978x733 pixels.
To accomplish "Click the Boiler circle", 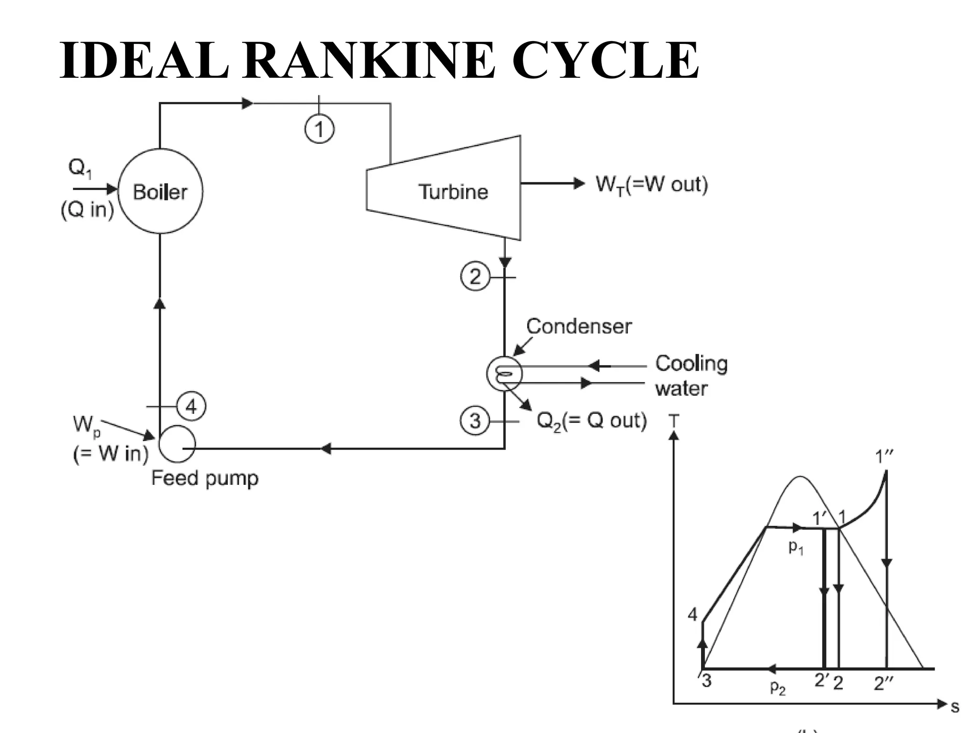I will (x=160, y=191).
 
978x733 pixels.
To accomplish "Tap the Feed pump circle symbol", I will (x=177, y=444).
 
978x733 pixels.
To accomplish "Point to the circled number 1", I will (x=319, y=129).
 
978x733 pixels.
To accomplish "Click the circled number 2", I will (x=475, y=277).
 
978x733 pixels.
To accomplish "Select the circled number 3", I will (x=475, y=421).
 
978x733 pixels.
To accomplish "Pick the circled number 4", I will (x=191, y=407).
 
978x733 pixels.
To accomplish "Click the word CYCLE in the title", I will (x=605, y=61).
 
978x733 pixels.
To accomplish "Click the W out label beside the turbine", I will (x=652, y=184).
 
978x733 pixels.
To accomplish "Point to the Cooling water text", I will (x=691, y=376).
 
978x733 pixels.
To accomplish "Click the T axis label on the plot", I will (x=673, y=421).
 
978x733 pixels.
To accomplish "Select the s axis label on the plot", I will (x=955, y=707).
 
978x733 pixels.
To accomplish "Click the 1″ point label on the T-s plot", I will (x=883, y=457).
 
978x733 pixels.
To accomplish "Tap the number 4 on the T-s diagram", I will (x=692, y=615).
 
